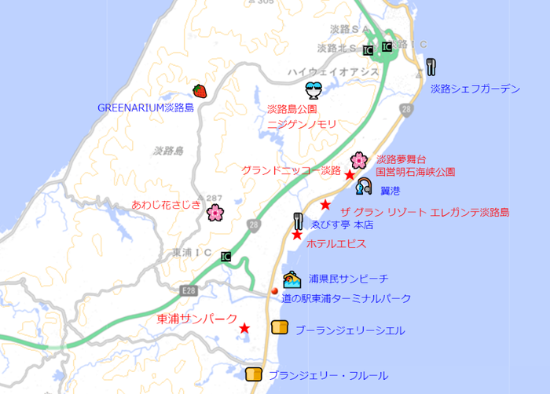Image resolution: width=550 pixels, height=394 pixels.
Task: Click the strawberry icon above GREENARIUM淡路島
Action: (200, 91)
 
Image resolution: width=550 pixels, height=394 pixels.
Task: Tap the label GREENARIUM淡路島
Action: (145, 108)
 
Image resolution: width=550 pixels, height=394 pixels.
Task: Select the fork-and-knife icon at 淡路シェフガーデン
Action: (431, 66)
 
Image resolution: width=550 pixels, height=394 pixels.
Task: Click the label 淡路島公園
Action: (291, 109)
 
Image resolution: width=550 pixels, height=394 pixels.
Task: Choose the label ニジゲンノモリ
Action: (302, 124)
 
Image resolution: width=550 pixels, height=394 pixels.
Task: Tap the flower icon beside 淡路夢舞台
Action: (359, 160)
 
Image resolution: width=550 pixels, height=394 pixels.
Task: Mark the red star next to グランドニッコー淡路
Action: (350, 174)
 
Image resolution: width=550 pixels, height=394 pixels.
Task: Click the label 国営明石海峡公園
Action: (415, 171)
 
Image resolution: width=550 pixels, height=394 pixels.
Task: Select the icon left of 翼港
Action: (363, 187)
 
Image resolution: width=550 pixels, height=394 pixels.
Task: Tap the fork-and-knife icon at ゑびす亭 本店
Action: (298, 221)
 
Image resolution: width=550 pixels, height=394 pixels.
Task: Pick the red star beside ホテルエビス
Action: (297, 235)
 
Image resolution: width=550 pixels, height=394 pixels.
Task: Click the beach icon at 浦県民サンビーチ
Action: (291, 279)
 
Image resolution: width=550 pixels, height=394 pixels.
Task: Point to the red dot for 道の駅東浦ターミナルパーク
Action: (275, 291)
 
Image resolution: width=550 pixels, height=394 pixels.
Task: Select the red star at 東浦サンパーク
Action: (245, 328)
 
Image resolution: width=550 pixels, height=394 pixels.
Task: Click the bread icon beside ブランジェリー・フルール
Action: (253, 374)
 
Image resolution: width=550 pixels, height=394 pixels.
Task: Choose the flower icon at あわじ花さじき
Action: (214, 212)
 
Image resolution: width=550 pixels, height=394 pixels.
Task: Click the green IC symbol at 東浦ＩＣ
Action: (226, 256)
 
